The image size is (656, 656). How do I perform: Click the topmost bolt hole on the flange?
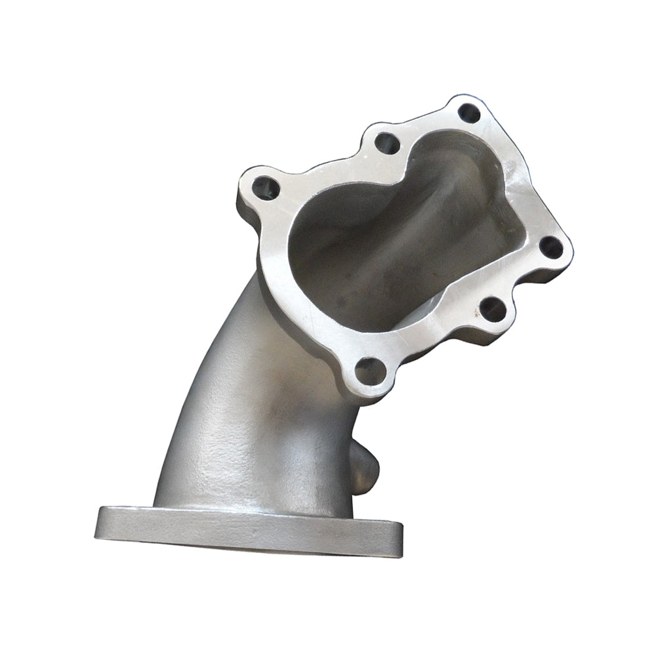pos(469,113)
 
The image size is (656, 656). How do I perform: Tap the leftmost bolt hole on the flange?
pos(266,188)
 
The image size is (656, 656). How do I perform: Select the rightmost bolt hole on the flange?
pos(551,247)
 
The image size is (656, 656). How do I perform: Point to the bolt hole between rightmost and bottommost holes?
pos(493,309)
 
